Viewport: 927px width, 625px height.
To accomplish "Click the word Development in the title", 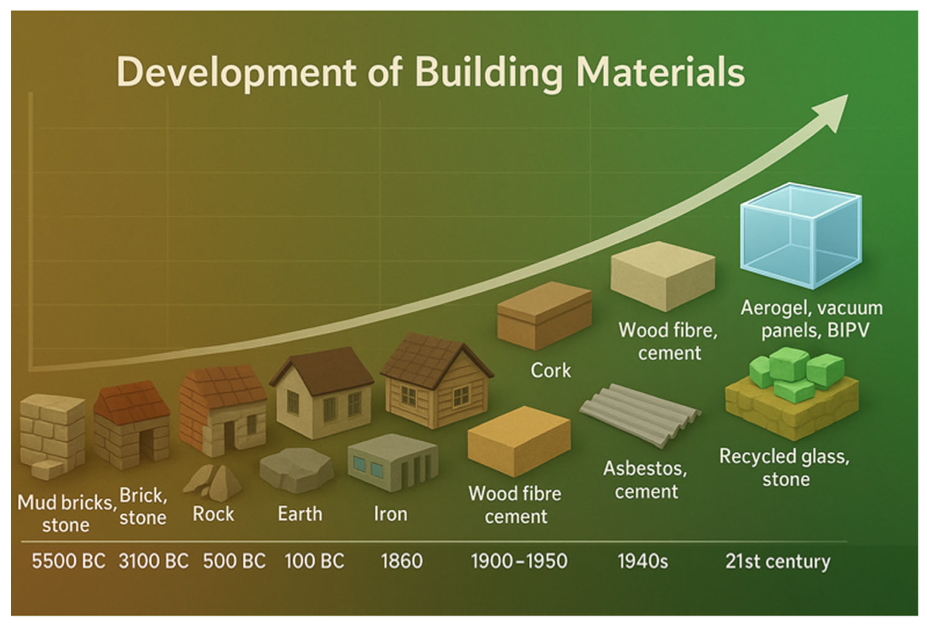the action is coord(236,73).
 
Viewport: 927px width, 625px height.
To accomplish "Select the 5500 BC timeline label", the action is coord(69,561).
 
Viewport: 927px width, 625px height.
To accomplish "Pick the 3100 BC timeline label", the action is coord(153,561).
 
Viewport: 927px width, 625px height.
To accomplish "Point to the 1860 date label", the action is coord(401,561).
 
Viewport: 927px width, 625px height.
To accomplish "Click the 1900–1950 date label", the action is coord(519,561).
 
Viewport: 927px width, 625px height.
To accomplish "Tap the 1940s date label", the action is coord(643,561).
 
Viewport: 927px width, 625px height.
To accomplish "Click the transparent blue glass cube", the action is coord(801,235).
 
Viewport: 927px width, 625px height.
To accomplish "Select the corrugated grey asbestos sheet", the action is coord(640,415).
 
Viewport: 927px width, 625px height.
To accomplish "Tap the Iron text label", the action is coord(390,514).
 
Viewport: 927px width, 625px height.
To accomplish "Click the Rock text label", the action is coord(213,514).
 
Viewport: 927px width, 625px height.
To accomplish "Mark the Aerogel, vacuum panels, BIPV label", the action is coord(812,319).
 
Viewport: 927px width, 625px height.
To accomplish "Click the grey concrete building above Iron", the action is coord(393,462).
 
